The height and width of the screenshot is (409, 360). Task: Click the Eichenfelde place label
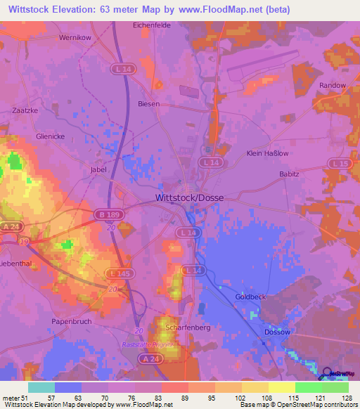pos(152,25)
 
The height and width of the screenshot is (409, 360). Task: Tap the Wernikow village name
pos(77,37)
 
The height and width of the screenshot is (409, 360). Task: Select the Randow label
pos(333,86)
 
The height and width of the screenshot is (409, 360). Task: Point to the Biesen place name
pos(149,104)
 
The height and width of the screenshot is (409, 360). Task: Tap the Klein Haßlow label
pos(267,153)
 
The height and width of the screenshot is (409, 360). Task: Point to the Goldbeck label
pos(250,297)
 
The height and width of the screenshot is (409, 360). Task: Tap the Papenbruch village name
pos(72,321)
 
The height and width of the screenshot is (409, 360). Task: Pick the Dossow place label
pos(276,332)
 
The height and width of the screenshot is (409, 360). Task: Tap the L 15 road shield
pos(340,164)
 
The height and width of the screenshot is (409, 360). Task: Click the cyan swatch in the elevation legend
pos(41,387)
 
